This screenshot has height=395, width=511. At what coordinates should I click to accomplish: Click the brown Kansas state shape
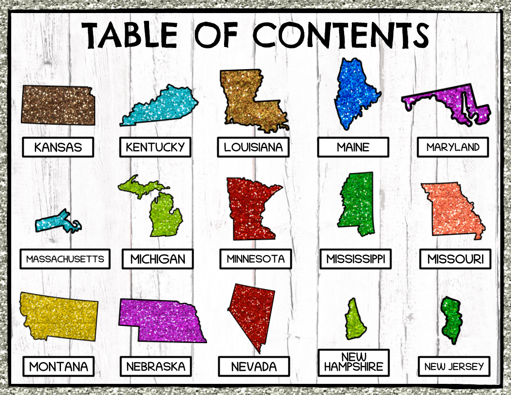click(57, 105)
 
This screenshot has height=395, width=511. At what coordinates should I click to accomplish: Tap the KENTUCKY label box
click(155, 147)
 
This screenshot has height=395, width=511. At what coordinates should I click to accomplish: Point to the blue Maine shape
click(354, 94)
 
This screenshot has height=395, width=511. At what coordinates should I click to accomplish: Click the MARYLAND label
click(453, 147)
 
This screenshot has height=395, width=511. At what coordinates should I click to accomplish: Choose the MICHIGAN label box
click(157, 259)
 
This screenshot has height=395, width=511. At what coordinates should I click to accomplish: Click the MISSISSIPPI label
click(355, 259)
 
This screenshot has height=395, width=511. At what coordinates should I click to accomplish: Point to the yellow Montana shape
click(58, 317)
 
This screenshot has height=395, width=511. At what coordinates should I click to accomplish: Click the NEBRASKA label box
click(156, 366)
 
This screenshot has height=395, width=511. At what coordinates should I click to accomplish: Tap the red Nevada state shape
click(252, 312)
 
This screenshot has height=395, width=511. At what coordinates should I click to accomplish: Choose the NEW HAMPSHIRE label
click(354, 362)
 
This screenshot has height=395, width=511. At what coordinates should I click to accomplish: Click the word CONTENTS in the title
click(341, 35)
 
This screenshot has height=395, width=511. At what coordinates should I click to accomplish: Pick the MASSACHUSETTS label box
click(65, 259)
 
